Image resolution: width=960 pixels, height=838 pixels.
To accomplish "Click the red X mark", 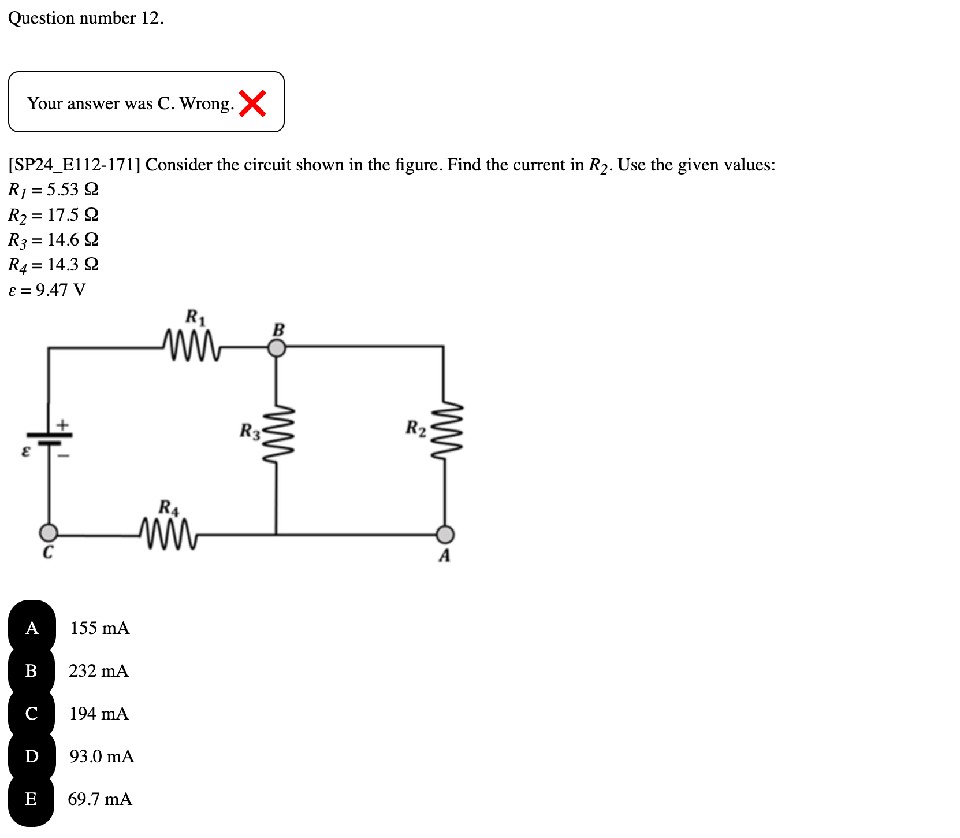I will pos(252,103).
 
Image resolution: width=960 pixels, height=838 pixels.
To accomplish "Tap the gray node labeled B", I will pos(277,348).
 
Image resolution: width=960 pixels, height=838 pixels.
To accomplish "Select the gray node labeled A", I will pos(445,534).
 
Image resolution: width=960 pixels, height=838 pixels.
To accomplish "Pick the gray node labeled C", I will pos(49,532).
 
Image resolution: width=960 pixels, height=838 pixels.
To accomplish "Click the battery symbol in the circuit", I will pos(49,439).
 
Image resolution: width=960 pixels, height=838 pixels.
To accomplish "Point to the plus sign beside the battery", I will pos(63,425).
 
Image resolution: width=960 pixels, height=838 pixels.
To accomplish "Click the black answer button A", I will pos(32,628).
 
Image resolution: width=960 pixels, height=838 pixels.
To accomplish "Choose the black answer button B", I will pos(32,670).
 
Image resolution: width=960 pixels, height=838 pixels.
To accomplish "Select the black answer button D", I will pos(32,756).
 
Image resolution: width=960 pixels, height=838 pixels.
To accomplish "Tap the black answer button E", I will pos(32,799).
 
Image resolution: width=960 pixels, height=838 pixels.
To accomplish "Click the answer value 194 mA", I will pos(99,714).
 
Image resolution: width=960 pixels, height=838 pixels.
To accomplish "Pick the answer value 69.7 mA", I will pos(100,799).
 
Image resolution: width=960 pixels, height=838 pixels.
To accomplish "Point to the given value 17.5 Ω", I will pos(73,215).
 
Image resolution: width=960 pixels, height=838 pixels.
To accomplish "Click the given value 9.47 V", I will pos(61,290).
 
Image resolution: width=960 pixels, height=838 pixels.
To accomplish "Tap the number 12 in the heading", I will pos(150,18).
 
